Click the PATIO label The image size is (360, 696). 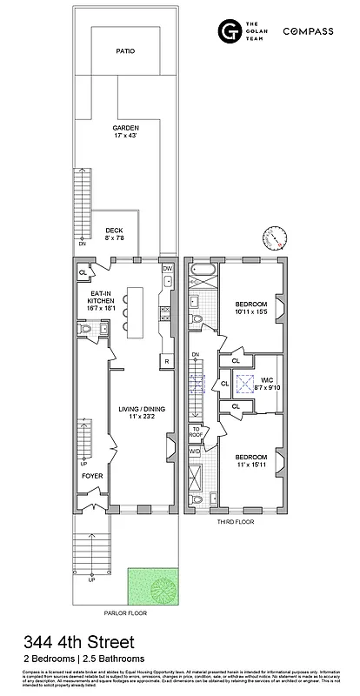pyautogui.click(x=125, y=51)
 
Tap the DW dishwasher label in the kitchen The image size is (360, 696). pyautogui.click(x=167, y=269)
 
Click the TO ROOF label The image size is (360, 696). pyautogui.click(x=196, y=432)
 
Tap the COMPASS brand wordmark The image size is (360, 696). pyautogui.click(x=308, y=31)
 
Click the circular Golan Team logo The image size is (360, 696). pyautogui.click(x=230, y=32)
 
